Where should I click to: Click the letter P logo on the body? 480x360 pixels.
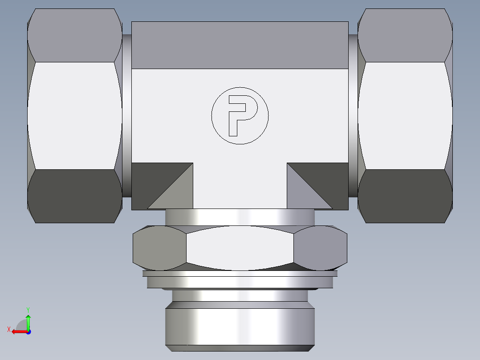[240, 115]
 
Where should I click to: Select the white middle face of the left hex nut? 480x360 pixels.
[74, 115]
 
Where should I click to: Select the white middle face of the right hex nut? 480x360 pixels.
[405, 115]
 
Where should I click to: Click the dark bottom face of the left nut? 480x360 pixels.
[74, 196]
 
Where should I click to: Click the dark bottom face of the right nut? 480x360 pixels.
[405, 196]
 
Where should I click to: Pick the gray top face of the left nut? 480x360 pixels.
[74, 36]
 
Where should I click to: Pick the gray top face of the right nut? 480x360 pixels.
[405, 36]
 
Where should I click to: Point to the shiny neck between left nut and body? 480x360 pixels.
[126, 115]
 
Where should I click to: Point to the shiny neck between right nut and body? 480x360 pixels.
[353, 115]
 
